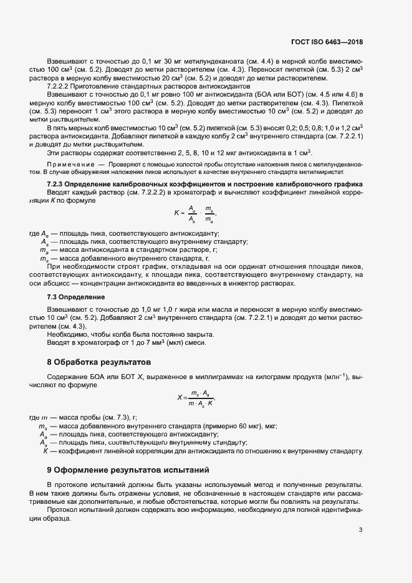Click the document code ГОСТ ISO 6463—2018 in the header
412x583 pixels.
(x=327, y=42)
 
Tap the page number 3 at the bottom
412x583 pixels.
(x=360, y=530)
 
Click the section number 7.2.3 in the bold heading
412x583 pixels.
(x=56, y=185)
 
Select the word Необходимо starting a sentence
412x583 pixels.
(x=67, y=334)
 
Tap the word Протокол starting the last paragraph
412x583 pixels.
(x=64, y=511)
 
